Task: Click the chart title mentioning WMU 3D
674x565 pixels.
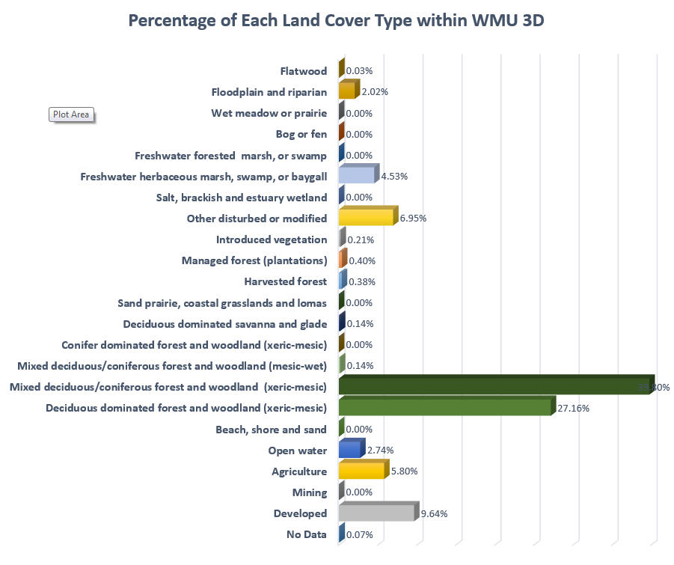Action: (x=336, y=20)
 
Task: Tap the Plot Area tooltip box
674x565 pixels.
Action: (x=71, y=114)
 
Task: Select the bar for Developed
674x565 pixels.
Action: (x=377, y=513)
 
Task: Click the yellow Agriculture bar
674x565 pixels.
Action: (x=363, y=471)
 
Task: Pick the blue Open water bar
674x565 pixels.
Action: (x=350, y=450)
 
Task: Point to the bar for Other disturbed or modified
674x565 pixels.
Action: (x=367, y=217)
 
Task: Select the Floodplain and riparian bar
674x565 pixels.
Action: (x=347, y=91)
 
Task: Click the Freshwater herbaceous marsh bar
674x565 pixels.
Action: (x=358, y=175)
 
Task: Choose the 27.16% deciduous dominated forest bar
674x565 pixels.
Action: (x=445, y=408)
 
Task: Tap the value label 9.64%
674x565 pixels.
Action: (x=435, y=513)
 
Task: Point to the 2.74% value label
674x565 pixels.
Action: (x=379, y=451)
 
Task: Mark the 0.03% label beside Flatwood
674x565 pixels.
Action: (x=359, y=71)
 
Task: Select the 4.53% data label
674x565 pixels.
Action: (x=393, y=177)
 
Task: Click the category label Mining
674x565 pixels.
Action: (x=310, y=492)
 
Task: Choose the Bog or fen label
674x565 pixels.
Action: (x=301, y=135)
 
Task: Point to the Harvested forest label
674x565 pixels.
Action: (x=285, y=282)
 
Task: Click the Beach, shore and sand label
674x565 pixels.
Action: (x=271, y=430)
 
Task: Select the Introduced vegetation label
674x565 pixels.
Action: (x=272, y=240)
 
